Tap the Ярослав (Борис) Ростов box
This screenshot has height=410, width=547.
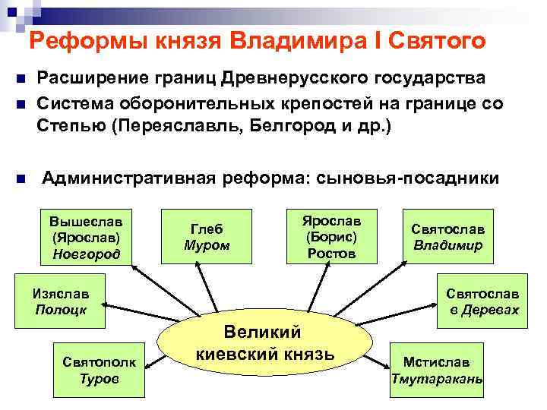click(331, 236)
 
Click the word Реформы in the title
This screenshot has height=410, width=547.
click(76, 41)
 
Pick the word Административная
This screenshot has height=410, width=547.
click(128, 178)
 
